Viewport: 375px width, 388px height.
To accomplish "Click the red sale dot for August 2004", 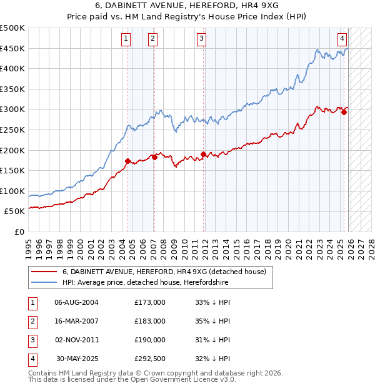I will click(127, 161).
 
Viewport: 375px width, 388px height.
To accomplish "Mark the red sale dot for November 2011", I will click(203, 154).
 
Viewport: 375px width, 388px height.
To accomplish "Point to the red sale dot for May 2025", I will click(344, 112).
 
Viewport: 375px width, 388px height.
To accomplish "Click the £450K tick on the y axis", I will click(12, 48).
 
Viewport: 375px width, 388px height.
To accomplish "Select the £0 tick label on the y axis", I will click(19, 232).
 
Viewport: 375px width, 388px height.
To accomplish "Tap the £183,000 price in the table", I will click(149, 321).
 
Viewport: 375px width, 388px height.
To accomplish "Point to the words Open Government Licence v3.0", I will click(187, 379).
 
